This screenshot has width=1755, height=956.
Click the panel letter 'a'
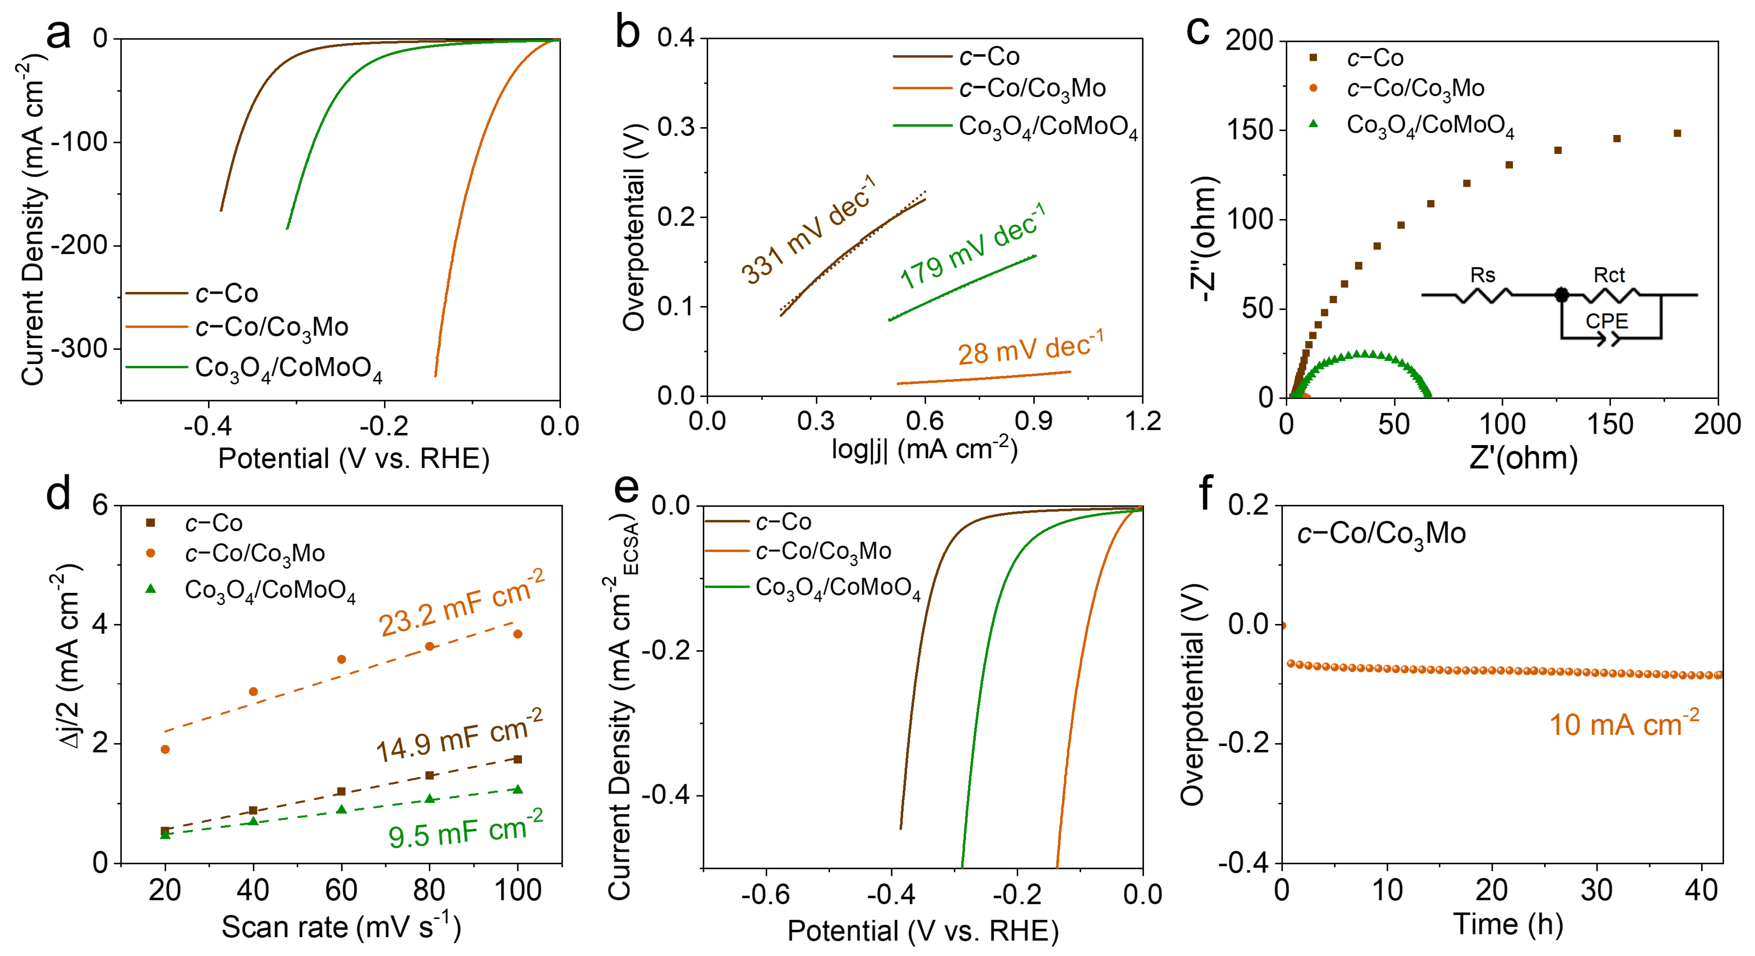[59, 34]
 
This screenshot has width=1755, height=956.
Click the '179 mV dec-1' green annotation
[972, 247]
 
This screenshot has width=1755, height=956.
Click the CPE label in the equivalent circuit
[1607, 321]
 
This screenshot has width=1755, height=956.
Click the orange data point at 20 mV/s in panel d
[165, 749]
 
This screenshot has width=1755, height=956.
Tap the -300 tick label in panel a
[80, 348]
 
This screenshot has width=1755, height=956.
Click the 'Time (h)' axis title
[1508, 924]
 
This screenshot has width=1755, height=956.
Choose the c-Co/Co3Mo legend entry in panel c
[1415, 88]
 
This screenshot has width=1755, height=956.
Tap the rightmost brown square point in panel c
[1677, 133]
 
